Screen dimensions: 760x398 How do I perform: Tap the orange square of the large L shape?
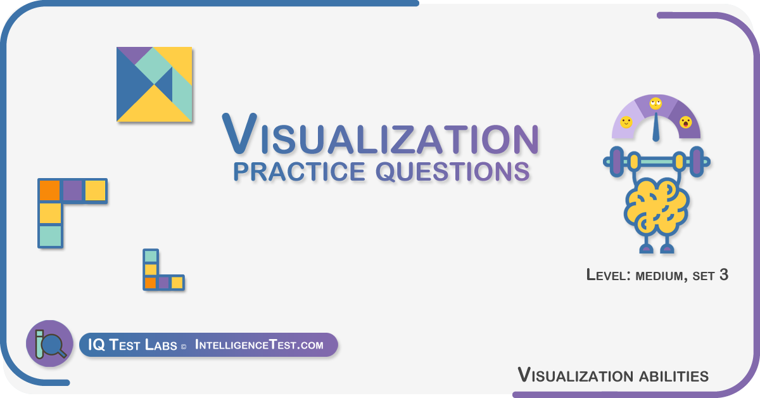50,191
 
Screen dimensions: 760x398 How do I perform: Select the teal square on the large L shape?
51,236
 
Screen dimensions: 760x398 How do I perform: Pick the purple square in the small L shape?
164,283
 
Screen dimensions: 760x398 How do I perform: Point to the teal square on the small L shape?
151,257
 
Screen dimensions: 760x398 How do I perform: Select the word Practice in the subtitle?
299,172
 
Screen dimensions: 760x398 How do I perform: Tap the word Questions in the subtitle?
453,172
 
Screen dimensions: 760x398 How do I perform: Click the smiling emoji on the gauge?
626,122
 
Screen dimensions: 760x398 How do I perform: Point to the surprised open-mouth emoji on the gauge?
686,122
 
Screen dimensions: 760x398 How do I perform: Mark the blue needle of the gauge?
656,127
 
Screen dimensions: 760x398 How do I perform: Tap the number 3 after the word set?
724,274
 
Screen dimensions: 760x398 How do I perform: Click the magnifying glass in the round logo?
53,345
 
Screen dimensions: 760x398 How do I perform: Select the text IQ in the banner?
97,345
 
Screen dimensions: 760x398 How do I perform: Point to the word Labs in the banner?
161,345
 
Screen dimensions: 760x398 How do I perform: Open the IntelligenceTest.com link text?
259,345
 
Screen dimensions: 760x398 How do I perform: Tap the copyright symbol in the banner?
184,347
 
